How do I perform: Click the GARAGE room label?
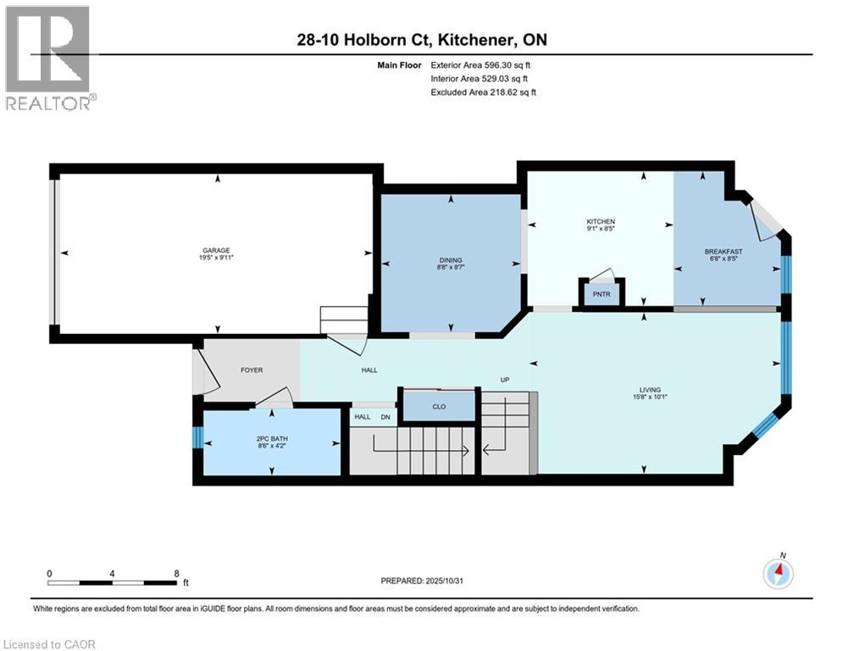click(215, 250)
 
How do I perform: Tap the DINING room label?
click(450, 260)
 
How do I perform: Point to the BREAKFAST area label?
click(724, 251)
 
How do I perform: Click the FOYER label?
click(251, 370)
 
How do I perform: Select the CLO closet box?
click(438, 406)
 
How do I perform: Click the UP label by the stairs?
click(504, 380)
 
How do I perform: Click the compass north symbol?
click(778, 573)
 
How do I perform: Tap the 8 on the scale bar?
click(176, 573)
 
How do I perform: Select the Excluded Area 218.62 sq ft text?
click(484, 92)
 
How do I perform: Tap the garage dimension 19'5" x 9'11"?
click(215, 259)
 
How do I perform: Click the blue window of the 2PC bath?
click(197, 437)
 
